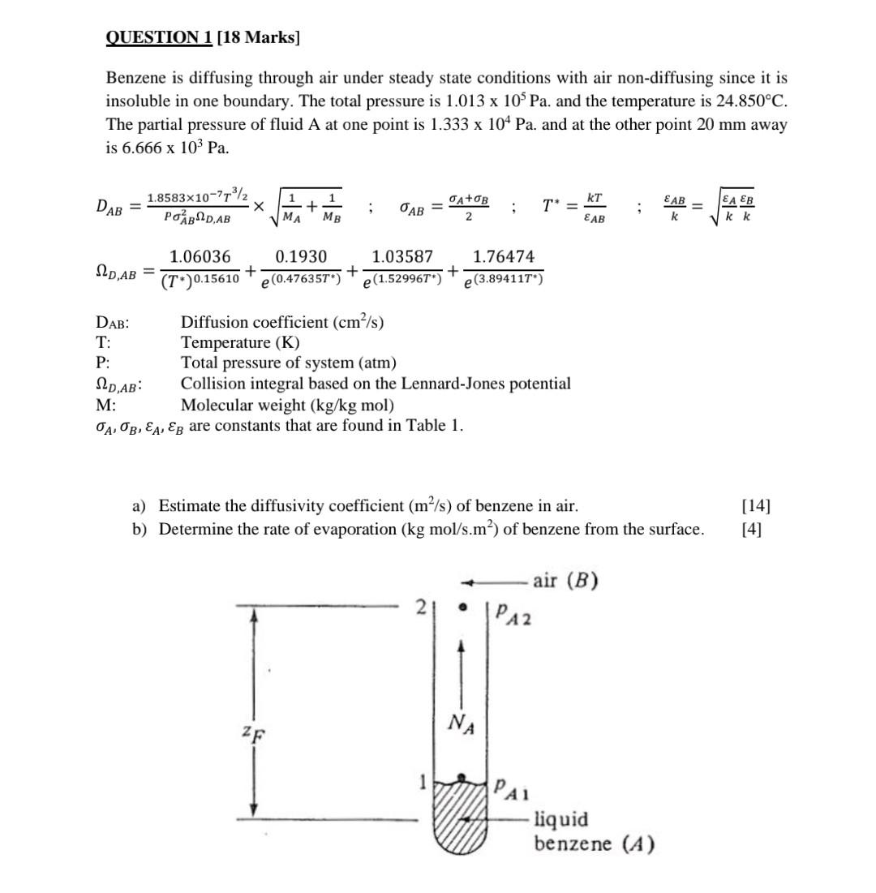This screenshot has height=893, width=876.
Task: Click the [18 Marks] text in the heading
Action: pyautogui.click(x=257, y=37)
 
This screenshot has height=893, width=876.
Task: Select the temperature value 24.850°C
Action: pyautogui.click(x=741, y=101)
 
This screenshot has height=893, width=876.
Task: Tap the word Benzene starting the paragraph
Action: pyautogui.click(x=134, y=79)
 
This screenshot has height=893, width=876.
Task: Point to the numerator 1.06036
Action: pyautogui.click(x=199, y=257)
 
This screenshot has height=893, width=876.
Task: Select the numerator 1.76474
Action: pyautogui.click(x=503, y=257)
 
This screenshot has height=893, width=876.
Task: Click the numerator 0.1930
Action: pyautogui.click(x=301, y=257)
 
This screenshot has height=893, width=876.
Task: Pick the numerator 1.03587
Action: pyautogui.click(x=402, y=257)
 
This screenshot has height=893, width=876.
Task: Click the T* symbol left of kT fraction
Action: pyautogui.click(x=555, y=208)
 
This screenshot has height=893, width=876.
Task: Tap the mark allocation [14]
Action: pyautogui.click(x=756, y=506)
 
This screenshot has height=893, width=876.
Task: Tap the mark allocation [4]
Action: pyautogui.click(x=752, y=530)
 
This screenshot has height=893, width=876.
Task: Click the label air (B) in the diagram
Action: pyautogui.click(x=565, y=581)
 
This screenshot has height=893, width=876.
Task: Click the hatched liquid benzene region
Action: pyautogui.click(x=460, y=815)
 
